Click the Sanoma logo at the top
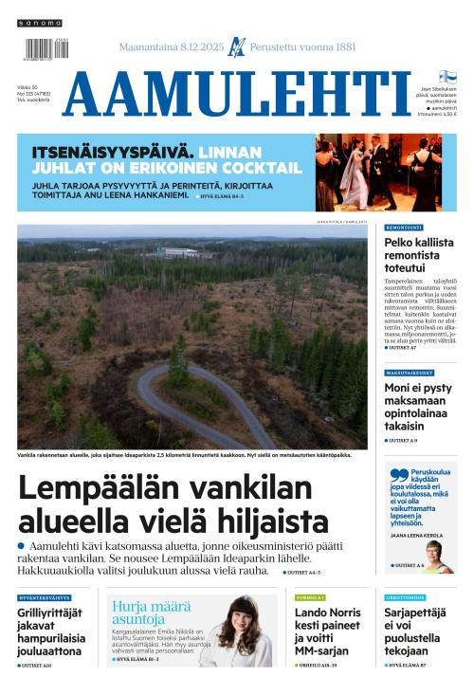(40, 23)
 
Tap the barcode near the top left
(40, 48)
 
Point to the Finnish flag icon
(447, 77)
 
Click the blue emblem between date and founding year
(237, 46)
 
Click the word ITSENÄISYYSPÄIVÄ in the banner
(114, 151)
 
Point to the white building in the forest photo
(180, 252)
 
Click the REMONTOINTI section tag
(404, 228)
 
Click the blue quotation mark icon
(398, 475)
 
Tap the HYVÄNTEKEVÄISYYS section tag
(44, 598)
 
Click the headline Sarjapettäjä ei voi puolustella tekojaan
(419, 632)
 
